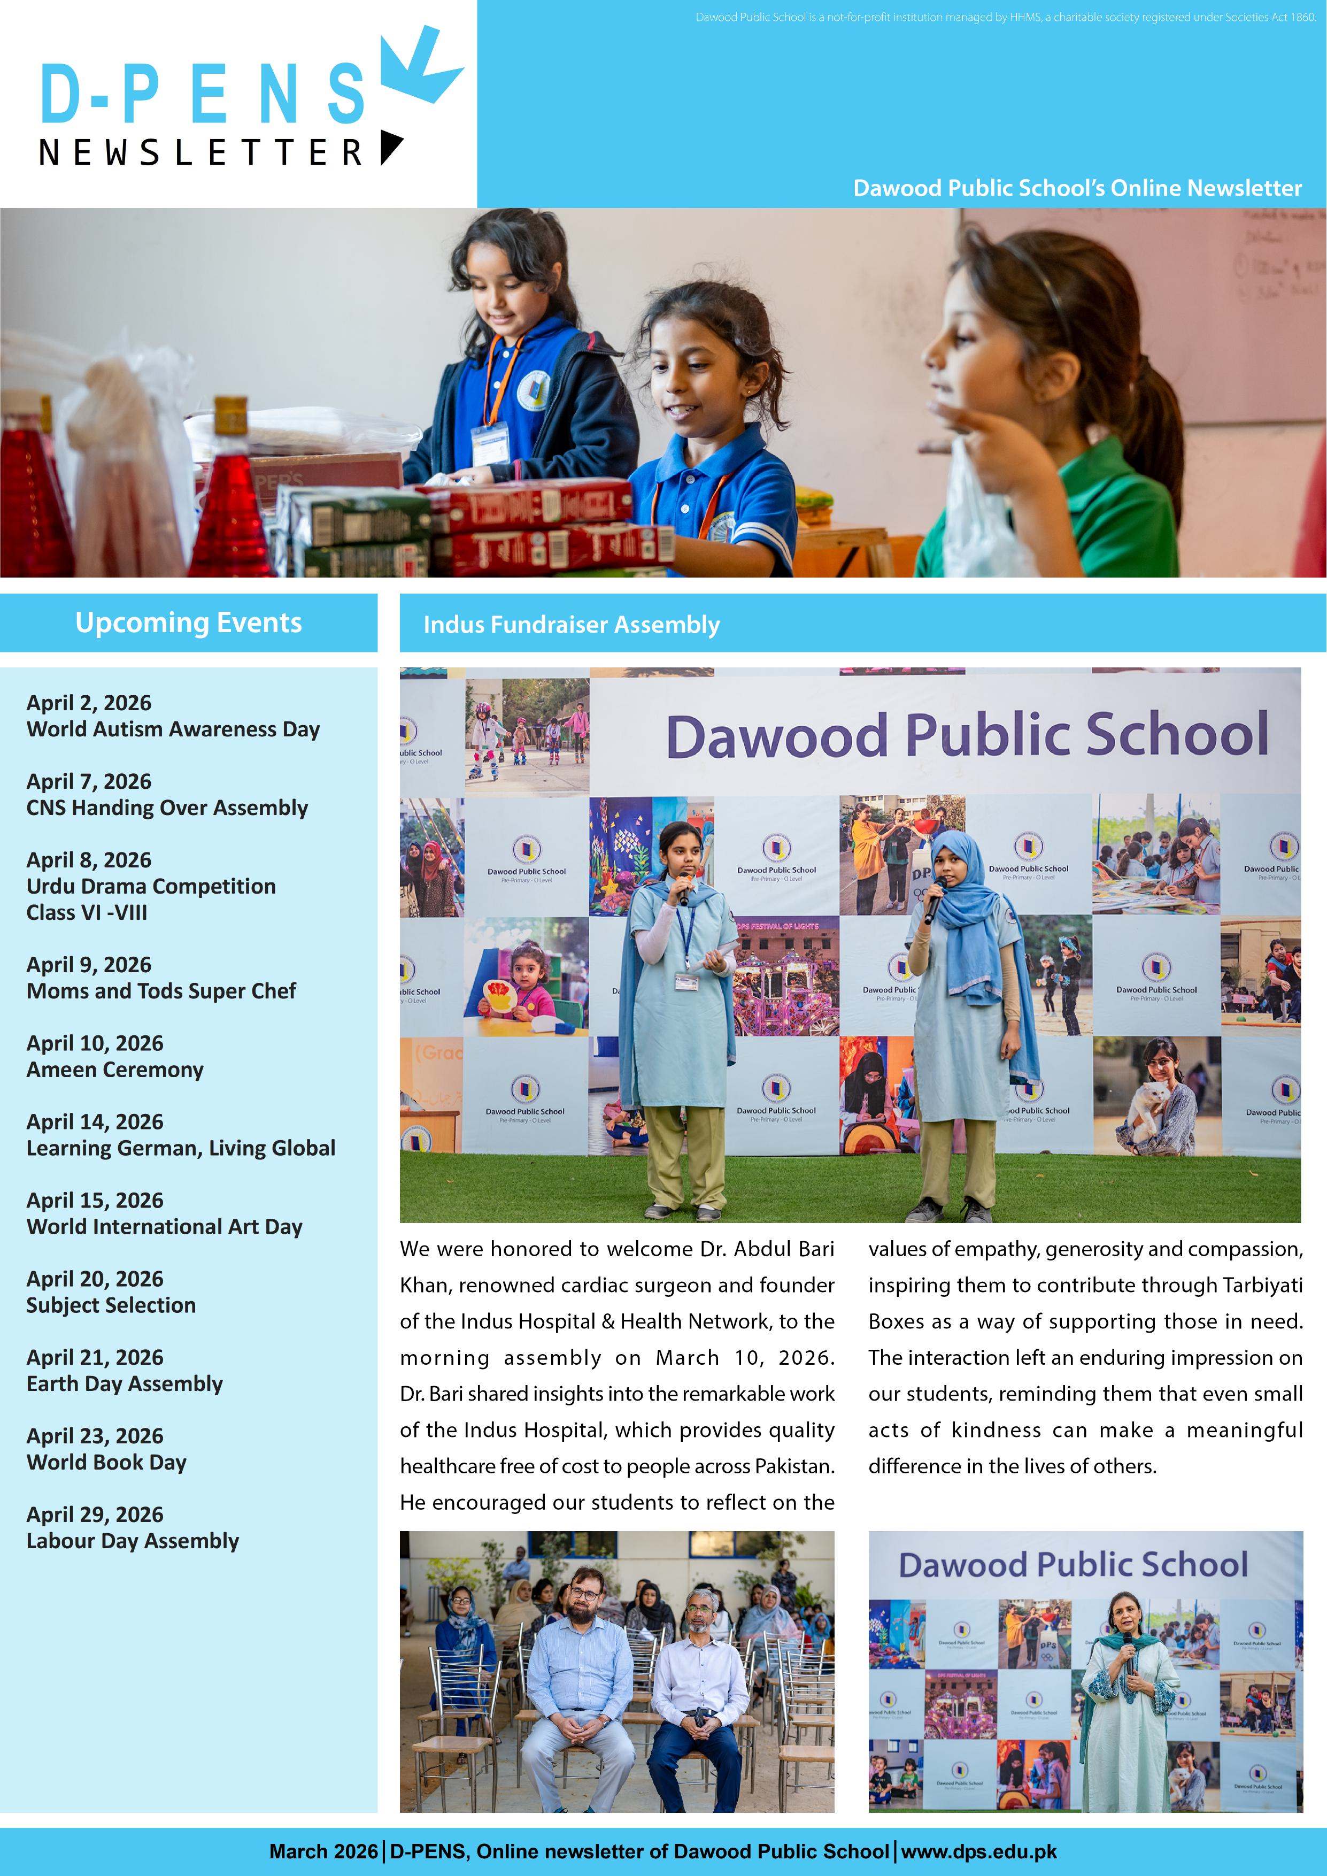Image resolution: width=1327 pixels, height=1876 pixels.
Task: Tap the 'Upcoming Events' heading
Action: click(189, 622)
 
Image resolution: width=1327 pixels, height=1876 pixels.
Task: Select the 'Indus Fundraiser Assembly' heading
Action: click(571, 625)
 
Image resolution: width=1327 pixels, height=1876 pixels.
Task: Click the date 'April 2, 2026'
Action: click(89, 703)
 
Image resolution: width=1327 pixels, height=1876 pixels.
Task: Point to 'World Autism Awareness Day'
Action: click(173, 729)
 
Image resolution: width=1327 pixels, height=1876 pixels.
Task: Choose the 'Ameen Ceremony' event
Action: click(115, 1070)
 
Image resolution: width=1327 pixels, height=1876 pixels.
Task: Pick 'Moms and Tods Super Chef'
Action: click(161, 991)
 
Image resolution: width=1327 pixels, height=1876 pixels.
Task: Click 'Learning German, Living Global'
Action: click(181, 1148)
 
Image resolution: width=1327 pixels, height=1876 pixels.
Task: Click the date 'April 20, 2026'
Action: click(95, 1279)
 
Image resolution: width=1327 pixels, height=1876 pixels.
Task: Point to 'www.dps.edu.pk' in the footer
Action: click(979, 1851)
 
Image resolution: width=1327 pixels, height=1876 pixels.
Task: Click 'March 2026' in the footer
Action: click(323, 1851)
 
